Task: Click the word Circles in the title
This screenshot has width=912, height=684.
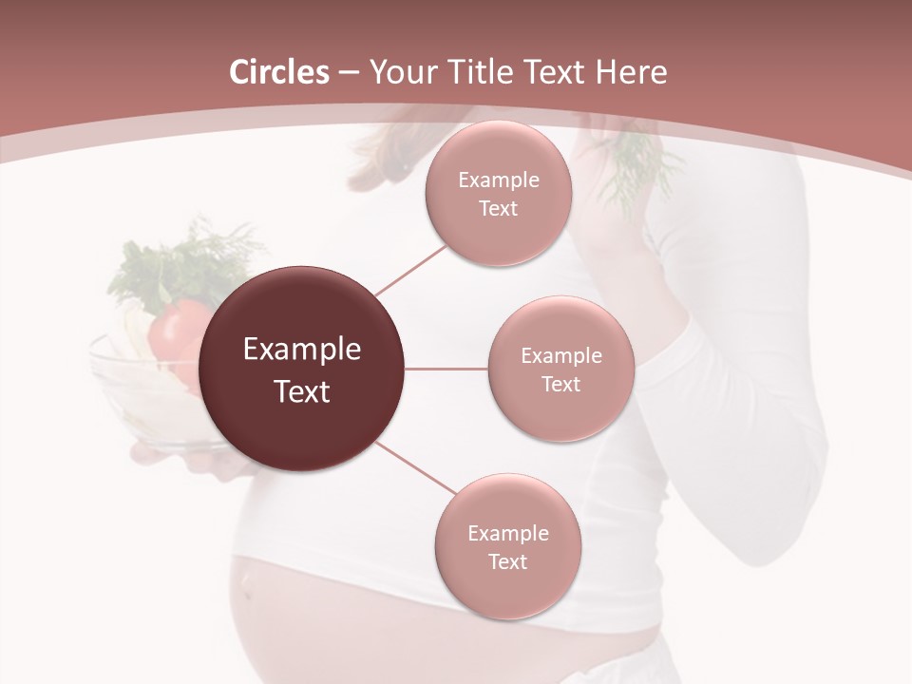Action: [x=278, y=72]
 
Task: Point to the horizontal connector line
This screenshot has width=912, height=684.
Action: [x=446, y=369]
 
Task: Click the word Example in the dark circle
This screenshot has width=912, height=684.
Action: [x=302, y=350]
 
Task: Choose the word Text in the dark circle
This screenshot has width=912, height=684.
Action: [x=302, y=391]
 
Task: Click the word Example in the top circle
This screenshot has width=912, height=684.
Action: [x=499, y=180]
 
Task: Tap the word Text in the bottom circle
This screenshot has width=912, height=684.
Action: [x=507, y=561]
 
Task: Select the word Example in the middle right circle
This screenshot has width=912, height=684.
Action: [x=561, y=356]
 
